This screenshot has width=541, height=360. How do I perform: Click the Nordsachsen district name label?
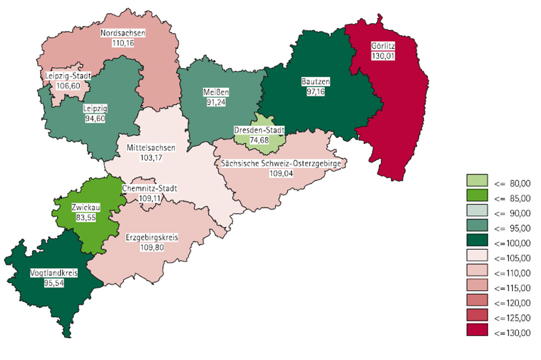123,33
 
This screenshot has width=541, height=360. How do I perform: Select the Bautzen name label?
315,82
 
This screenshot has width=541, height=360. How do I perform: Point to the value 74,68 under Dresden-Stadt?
259,139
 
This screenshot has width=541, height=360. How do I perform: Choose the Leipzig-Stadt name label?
68,77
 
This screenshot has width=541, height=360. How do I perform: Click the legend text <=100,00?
512,242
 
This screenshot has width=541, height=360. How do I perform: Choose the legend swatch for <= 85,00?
477,198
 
